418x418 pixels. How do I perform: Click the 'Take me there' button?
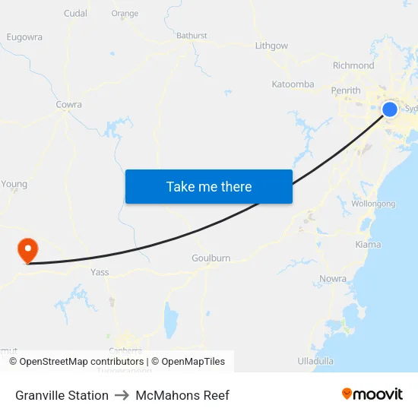(209, 186)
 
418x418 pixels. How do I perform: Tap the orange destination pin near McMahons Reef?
(27, 249)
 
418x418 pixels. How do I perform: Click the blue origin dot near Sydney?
(389, 109)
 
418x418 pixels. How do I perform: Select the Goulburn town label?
(211, 258)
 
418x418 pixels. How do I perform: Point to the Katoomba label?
(293, 84)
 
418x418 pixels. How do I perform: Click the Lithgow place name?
(271, 46)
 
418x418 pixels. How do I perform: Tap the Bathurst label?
(192, 36)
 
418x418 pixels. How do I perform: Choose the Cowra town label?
(68, 105)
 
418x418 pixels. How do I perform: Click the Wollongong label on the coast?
(374, 204)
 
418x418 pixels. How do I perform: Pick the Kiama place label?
(368, 245)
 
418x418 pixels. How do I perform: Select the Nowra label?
(333, 279)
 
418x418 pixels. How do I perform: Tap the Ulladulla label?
(315, 360)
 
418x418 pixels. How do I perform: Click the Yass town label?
(100, 272)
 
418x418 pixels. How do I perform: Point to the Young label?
(14, 184)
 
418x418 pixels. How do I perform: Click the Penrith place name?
(346, 91)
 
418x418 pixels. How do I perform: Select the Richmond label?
(353, 66)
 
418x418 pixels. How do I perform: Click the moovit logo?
(372, 394)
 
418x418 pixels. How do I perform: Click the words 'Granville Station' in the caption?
(62, 395)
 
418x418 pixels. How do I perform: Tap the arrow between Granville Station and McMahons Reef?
(122, 395)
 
